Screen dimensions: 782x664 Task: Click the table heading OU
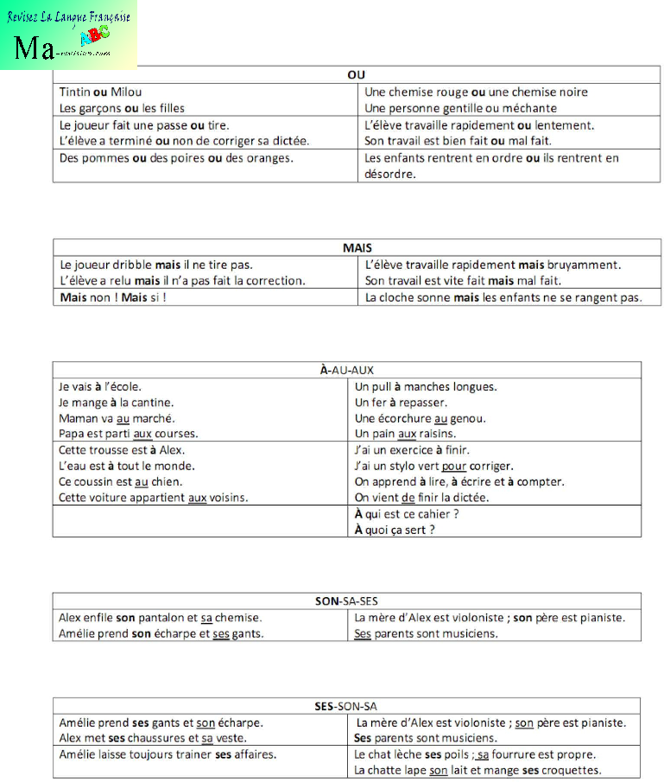click(x=356, y=75)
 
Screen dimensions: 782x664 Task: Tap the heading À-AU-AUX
click(x=346, y=370)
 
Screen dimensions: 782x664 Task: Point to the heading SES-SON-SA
click(x=346, y=705)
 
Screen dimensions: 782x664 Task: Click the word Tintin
click(x=75, y=92)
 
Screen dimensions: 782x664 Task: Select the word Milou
click(x=124, y=92)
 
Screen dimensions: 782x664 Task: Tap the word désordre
click(x=390, y=174)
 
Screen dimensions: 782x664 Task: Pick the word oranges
click(x=265, y=158)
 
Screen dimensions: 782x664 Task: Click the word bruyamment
click(x=585, y=264)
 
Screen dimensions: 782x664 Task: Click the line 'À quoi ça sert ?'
click(x=395, y=530)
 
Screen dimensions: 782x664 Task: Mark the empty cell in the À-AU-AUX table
click(x=199, y=522)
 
